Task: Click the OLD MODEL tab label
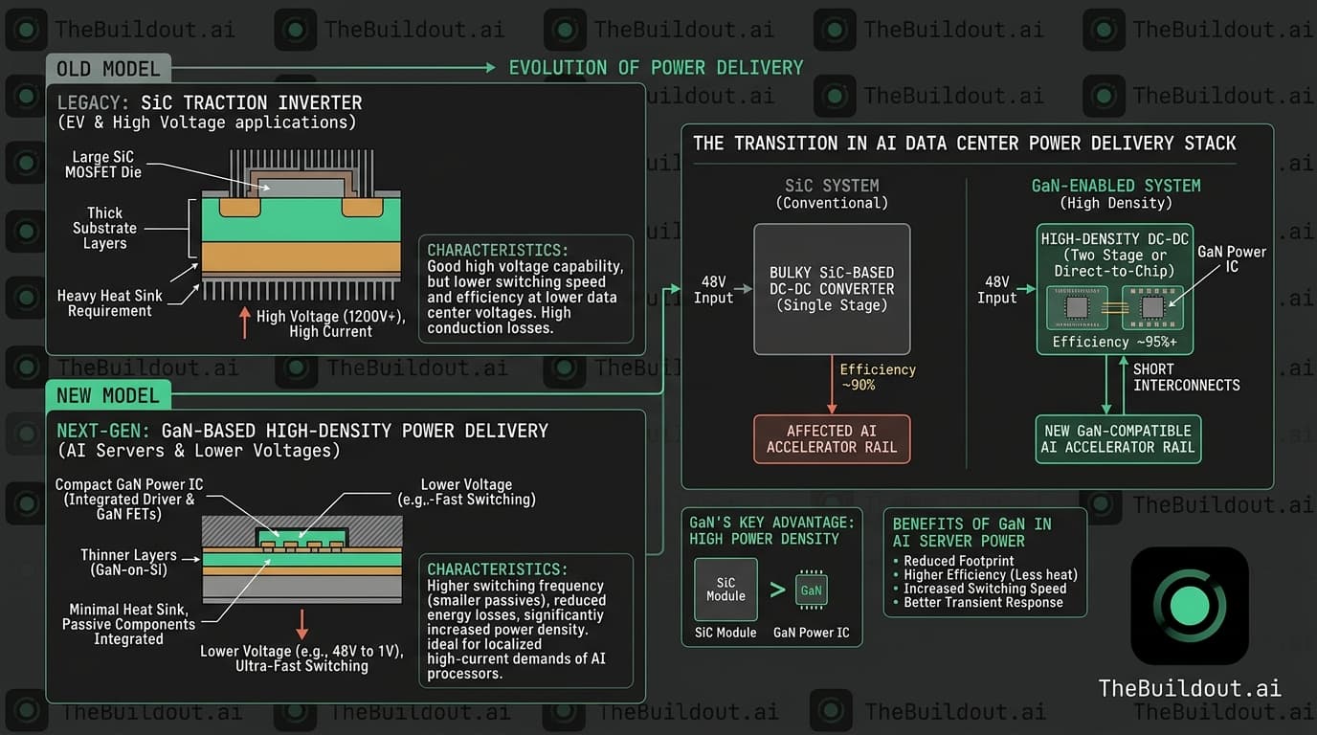click(108, 69)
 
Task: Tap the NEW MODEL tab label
click(108, 395)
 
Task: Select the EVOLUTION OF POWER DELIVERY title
click(656, 68)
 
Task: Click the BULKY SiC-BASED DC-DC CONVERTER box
click(832, 289)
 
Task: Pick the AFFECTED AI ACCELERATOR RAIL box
click(832, 439)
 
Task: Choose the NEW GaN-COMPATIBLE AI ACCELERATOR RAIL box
click(1118, 439)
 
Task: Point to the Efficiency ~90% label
click(877, 377)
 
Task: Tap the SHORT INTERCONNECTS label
click(1186, 377)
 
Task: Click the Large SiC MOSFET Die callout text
click(103, 165)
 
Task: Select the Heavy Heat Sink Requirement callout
click(109, 303)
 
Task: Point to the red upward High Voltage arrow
click(244, 323)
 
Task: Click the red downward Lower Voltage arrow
click(302, 623)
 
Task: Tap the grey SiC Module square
click(725, 590)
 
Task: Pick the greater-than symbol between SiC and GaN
click(777, 590)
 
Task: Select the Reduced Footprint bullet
click(958, 561)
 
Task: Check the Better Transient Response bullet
click(983, 602)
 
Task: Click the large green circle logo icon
click(1190, 606)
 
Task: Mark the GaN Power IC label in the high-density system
click(1232, 258)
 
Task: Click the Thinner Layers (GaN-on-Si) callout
click(128, 562)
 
